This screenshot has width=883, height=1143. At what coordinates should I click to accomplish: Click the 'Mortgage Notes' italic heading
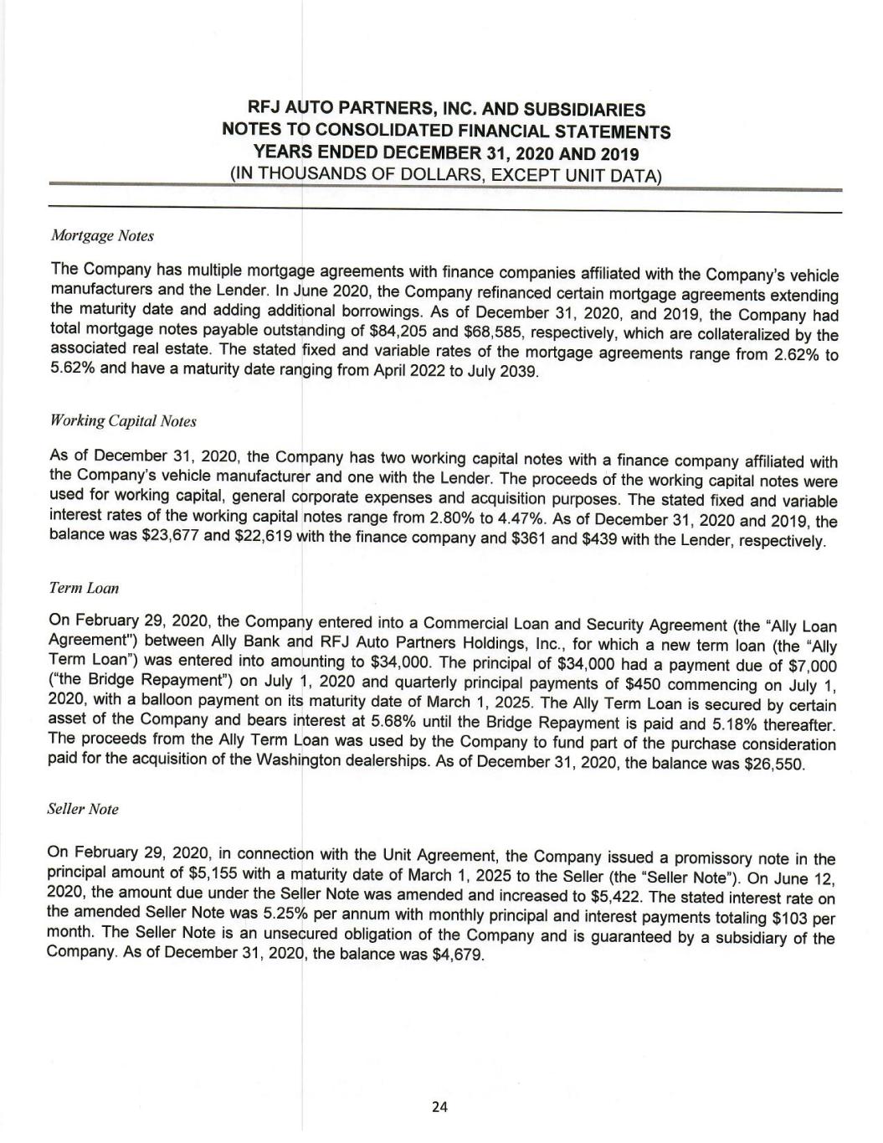point(102,236)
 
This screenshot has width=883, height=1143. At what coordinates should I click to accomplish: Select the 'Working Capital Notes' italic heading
point(123,420)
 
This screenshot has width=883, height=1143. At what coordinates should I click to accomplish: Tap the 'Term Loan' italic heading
point(84,588)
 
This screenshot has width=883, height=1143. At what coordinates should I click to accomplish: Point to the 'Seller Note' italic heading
point(84,810)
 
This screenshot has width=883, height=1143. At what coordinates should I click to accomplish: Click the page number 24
point(440,1107)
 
